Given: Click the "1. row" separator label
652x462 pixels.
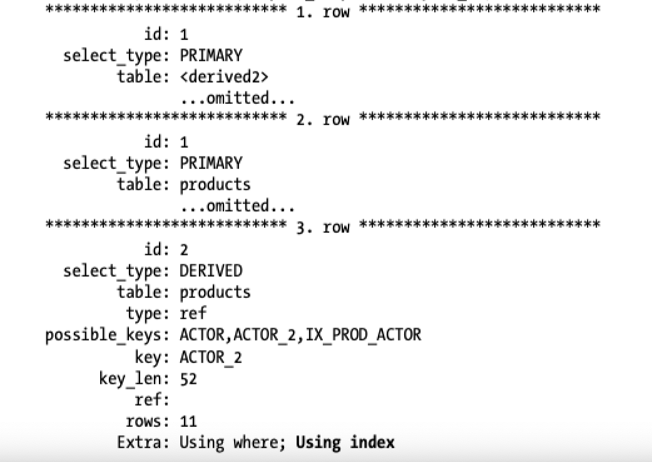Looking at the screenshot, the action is click(x=323, y=12).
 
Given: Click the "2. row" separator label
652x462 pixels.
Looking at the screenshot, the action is click(x=323, y=120).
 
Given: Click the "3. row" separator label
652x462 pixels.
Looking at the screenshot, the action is click(x=323, y=227).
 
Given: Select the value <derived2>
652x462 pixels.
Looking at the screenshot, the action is click(x=224, y=77).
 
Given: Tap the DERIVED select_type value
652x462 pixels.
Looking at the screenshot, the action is click(x=211, y=270).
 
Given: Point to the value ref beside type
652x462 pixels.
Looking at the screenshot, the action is click(x=193, y=313).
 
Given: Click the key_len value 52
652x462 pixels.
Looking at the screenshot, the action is click(x=188, y=379).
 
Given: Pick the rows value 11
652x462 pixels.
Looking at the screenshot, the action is click(x=188, y=421).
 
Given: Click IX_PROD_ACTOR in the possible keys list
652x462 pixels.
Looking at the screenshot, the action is click(x=364, y=335).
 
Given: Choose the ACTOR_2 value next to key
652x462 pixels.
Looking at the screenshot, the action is click(x=211, y=357).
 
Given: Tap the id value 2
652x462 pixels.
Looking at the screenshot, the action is click(x=184, y=250).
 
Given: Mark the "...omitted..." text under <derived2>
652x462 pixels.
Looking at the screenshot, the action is click(x=237, y=98).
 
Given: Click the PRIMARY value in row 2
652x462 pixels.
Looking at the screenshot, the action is click(x=211, y=163).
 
